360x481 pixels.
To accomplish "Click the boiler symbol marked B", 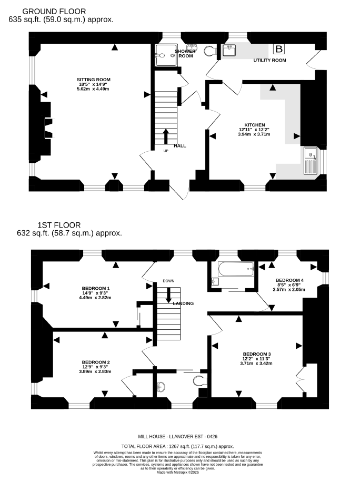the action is pos(279,49).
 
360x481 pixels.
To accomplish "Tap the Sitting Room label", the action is pos(94,80).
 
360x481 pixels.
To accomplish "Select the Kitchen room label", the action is pos(255,125).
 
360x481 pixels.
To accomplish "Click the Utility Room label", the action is pos(269,60).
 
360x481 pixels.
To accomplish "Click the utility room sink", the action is pos(229,50).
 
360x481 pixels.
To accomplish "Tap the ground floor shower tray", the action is pos(166,55).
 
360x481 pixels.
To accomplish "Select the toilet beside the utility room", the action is pos(210,51).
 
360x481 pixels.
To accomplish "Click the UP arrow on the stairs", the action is pos(166,136).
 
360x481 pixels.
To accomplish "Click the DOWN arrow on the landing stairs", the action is pos(168,295).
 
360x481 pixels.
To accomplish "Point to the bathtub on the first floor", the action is pos(236,269).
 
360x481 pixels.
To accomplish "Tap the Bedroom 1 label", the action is pos(96,288).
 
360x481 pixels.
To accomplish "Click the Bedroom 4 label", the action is pos(289,280).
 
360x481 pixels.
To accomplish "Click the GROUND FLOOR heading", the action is pos(54,12).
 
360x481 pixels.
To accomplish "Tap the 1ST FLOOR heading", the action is pos(59,225).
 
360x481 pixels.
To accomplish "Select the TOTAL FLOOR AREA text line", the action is pos(178,446).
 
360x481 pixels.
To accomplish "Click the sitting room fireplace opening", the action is pos(50,128).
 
